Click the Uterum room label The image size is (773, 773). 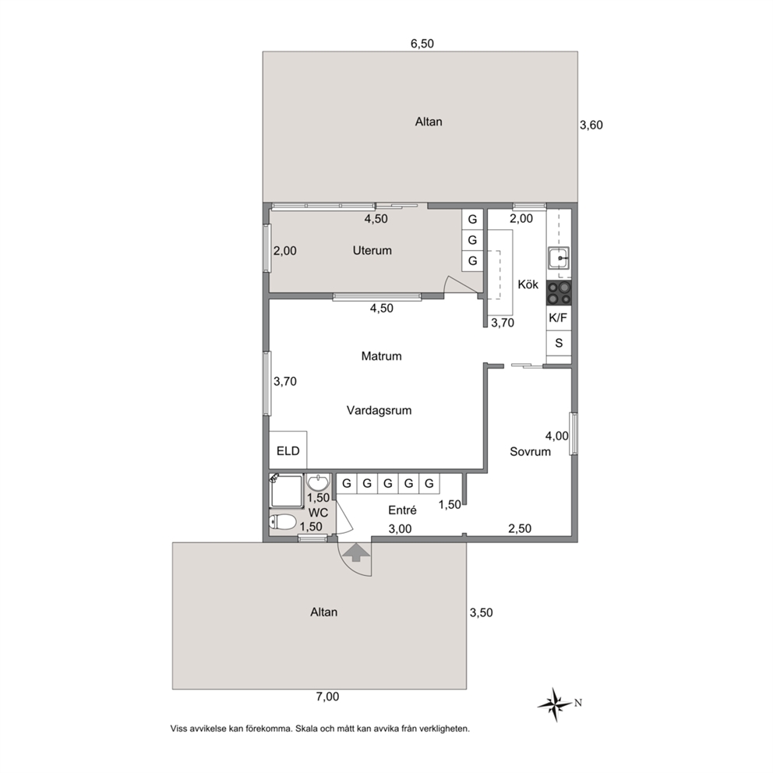[x=372, y=250]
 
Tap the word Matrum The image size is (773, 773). [x=381, y=356]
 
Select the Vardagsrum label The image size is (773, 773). [x=379, y=410]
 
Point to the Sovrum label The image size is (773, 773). [x=531, y=452]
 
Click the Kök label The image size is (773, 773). [x=528, y=284]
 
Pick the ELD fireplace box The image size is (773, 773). [x=288, y=450]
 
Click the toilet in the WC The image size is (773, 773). [x=283, y=522]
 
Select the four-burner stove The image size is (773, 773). [x=559, y=293]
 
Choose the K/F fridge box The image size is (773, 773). [x=559, y=318]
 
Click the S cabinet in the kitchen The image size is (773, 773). [x=559, y=343]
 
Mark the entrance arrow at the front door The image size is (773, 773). [x=356, y=552]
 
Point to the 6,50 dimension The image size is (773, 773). [x=422, y=44]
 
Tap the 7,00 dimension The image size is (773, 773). [x=327, y=697]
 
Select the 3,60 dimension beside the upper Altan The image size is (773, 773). [x=591, y=125]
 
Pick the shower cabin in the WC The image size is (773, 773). [x=287, y=491]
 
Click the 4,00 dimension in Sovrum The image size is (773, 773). [x=556, y=436]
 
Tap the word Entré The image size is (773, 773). [x=402, y=510]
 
